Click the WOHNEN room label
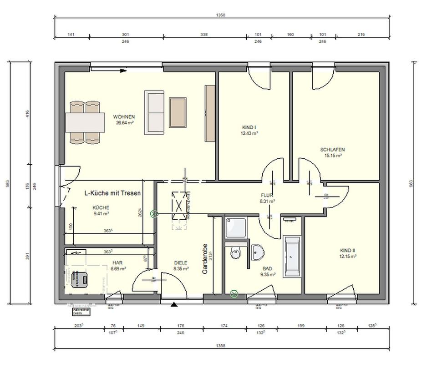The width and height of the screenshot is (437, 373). click(x=124, y=117)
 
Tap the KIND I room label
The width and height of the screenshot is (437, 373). click(x=249, y=128)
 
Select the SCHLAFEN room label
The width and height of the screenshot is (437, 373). click(x=332, y=150)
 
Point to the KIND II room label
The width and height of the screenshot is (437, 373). click(x=347, y=251)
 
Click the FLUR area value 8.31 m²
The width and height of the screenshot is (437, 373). click(x=267, y=201)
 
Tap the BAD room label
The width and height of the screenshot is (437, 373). click(x=268, y=269)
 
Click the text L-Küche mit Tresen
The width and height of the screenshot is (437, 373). click(x=113, y=193)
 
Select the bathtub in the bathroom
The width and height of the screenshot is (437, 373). click(x=292, y=257)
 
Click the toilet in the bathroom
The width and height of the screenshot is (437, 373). click(x=235, y=253)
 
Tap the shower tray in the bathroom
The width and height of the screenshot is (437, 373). click(x=235, y=227)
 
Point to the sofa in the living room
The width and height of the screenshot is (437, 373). click(x=154, y=112)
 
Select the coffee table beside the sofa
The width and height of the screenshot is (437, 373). click(x=178, y=112)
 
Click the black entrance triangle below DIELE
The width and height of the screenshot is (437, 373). click(x=174, y=305)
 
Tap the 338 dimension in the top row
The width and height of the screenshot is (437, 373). click(x=204, y=34)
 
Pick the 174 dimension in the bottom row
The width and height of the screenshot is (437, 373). click(x=224, y=325)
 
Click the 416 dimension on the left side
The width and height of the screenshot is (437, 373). click(x=27, y=113)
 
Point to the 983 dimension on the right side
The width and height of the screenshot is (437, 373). click(x=411, y=183)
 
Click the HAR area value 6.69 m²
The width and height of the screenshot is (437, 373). click(x=117, y=269)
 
